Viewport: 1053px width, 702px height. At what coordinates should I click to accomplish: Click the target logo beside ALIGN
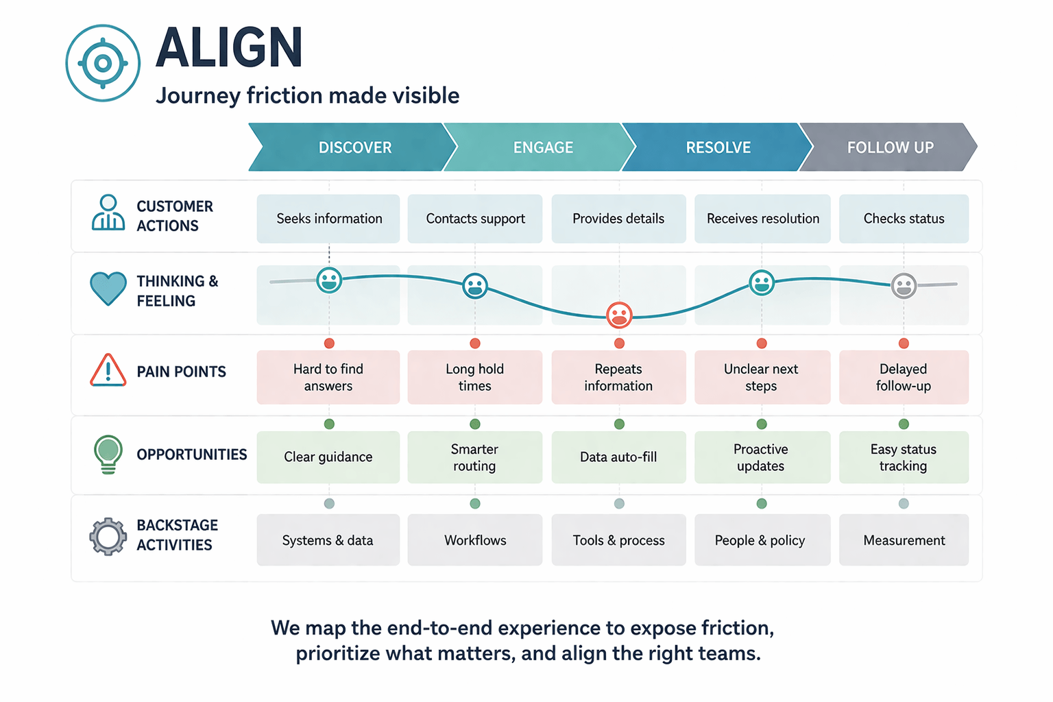(x=103, y=63)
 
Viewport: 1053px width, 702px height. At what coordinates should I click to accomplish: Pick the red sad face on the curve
(x=619, y=315)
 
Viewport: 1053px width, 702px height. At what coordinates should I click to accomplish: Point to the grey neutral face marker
(x=904, y=285)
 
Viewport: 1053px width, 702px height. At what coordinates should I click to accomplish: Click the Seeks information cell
(x=328, y=219)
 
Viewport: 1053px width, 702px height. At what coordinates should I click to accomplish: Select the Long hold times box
(x=474, y=377)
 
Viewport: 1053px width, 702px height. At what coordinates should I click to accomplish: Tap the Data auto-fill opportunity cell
(x=618, y=457)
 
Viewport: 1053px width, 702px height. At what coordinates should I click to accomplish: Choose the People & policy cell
(x=762, y=540)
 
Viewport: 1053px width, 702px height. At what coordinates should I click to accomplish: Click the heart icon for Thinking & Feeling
(x=108, y=288)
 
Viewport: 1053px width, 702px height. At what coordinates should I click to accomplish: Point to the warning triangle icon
(x=108, y=371)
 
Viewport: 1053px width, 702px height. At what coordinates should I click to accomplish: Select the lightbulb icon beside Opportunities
(x=108, y=453)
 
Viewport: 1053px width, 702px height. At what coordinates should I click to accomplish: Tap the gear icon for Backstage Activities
(x=108, y=536)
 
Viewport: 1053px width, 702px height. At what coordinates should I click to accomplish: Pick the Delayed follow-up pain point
(x=904, y=377)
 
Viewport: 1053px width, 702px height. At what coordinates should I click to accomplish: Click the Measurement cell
(x=904, y=540)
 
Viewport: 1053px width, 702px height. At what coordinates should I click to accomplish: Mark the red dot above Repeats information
(x=619, y=343)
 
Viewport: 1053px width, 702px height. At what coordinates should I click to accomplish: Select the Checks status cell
(x=904, y=219)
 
